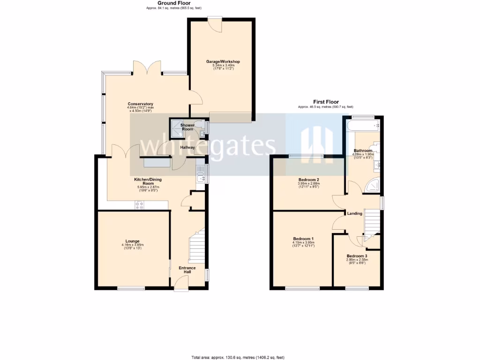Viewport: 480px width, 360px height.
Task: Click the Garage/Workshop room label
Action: click(x=223, y=61)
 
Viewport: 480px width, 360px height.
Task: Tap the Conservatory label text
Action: click(x=141, y=104)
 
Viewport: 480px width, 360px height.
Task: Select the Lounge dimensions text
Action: click(x=132, y=246)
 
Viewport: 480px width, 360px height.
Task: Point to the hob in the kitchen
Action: click(x=140, y=205)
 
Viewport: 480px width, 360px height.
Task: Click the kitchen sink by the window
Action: click(x=200, y=176)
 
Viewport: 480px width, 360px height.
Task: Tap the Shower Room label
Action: click(x=187, y=127)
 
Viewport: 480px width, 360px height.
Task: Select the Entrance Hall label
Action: click(x=187, y=270)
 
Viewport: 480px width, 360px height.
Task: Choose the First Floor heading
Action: click(x=326, y=102)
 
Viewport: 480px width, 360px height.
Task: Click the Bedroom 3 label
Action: click(x=357, y=256)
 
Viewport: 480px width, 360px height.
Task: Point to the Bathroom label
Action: click(x=363, y=150)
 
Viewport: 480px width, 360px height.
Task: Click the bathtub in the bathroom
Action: click(x=364, y=126)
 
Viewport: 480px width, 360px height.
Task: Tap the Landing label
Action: click(x=354, y=213)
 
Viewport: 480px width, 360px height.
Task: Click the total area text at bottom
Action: click(x=238, y=357)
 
